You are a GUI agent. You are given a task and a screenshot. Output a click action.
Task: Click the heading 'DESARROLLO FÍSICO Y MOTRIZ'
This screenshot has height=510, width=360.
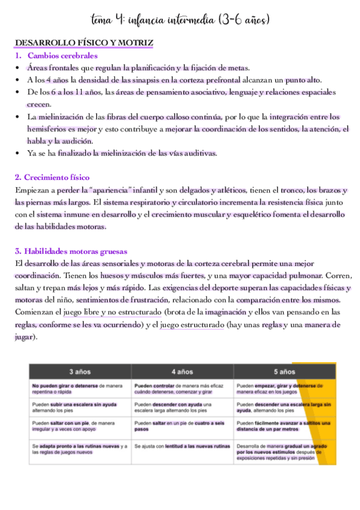coord(84,43)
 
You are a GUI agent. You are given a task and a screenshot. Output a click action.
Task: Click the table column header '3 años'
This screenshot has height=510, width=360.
coord(80,371)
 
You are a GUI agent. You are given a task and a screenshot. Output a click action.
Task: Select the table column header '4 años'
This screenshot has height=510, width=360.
coord(182,371)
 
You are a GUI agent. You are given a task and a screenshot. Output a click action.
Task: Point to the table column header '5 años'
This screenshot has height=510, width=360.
coord(284,371)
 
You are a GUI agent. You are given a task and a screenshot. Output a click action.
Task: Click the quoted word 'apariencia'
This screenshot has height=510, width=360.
coord(108,191)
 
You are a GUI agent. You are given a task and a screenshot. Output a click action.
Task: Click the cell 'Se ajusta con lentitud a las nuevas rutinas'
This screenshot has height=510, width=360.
coord(182,446)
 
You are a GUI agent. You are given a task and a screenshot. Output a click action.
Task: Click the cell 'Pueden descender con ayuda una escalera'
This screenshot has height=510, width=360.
coord(182,408)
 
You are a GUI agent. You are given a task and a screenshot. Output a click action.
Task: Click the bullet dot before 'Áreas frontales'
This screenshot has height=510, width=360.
coord(19,68)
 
